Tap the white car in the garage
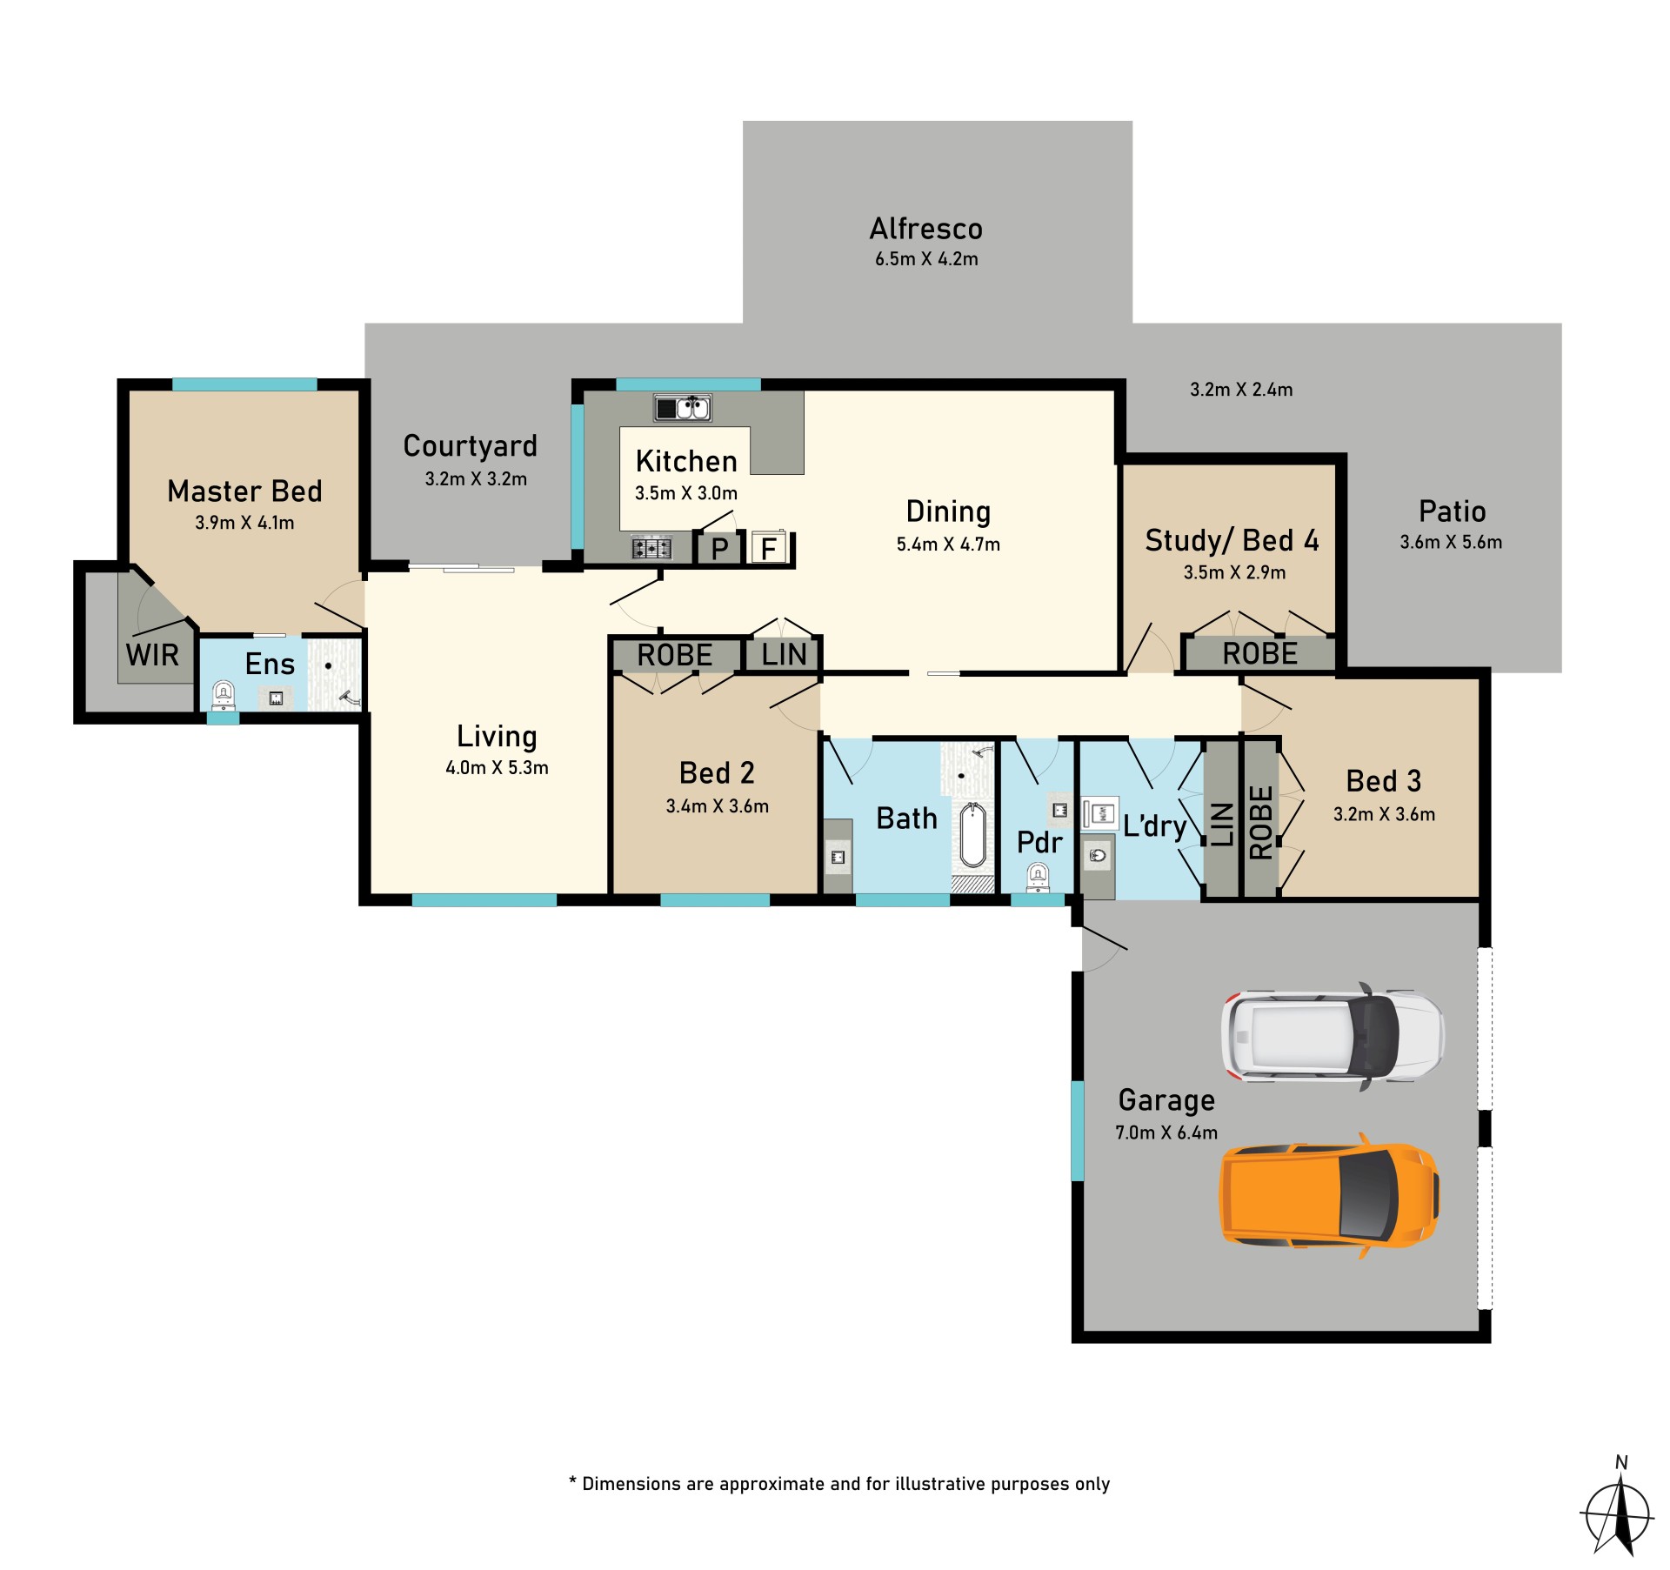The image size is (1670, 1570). click(1333, 1036)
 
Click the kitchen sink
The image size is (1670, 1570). click(683, 407)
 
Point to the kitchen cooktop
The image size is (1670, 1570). click(651, 548)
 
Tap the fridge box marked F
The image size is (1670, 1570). click(768, 548)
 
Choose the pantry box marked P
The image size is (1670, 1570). click(719, 549)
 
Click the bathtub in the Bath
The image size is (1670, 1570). click(972, 836)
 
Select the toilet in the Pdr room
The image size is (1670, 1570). click(1038, 877)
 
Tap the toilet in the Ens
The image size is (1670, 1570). click(224, 695)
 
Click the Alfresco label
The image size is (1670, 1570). click(926, 229)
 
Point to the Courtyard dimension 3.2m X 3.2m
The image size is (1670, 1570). click(476, 479)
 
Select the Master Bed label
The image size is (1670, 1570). click(244, 491)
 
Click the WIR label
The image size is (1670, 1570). click(152, 655)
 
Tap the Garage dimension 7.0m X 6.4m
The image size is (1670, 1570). click(1166, 1132)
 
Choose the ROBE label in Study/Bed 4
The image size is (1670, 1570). click(1259, 654)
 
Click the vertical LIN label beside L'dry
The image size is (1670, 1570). click(1222, 825)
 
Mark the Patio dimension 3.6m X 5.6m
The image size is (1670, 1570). click(1451, 542)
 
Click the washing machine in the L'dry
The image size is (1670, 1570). click(1100, 813)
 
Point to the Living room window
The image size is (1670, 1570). click(484, 900)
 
